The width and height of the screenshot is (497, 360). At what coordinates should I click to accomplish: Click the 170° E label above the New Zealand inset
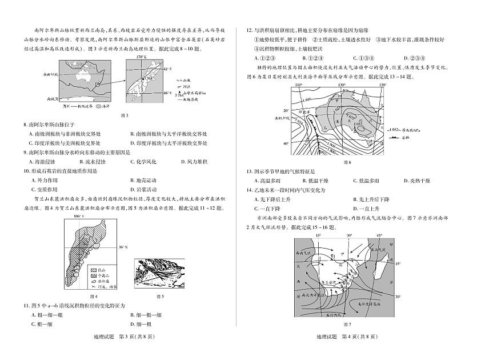pos(141,58)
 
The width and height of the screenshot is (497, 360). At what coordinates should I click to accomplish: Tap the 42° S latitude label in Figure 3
pos(167,69)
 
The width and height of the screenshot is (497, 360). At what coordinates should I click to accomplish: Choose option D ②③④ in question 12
pos(414,58)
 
